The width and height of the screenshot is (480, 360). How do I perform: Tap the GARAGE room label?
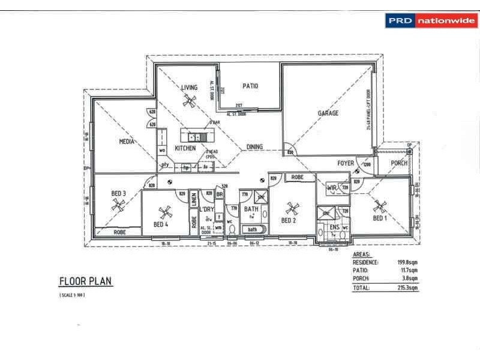(328, 113)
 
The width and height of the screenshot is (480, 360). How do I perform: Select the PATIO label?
(250, 86)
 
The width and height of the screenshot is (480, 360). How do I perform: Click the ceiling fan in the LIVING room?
(190, 101)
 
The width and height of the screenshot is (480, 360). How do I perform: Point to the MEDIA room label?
(126, 142)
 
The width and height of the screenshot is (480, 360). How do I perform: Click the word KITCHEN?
(185, 148)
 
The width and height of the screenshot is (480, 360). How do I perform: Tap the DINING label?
(255, 147)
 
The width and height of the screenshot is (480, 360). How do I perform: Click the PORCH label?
(399, 163)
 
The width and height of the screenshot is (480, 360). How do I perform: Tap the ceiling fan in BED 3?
(119, 205)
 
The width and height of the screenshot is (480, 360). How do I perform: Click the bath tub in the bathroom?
(253, 229)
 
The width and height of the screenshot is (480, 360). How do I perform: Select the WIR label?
(331, 188)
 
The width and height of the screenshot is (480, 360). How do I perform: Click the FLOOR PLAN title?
(85, 281)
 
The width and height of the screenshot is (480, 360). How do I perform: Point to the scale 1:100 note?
(73, 296)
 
